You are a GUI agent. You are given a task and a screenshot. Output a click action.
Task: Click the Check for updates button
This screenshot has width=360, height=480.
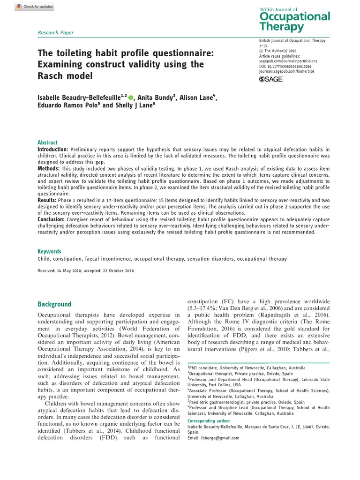click(34, 7)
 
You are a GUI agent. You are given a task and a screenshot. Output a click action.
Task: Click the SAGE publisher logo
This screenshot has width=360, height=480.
click(271, 79)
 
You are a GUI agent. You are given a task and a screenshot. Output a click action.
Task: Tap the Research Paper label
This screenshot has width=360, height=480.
click(56, 32)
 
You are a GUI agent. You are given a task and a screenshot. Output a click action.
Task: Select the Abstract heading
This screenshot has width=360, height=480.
click(48, 142)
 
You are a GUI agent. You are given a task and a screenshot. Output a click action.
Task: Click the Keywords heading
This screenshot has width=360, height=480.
click(49, 251)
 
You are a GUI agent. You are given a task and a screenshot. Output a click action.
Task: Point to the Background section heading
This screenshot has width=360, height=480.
click(54, 304)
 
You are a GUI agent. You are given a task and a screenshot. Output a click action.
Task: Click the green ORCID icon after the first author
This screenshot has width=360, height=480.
click(131, 97)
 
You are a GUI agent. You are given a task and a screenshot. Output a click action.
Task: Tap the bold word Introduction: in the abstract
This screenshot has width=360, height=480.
click(54, 149)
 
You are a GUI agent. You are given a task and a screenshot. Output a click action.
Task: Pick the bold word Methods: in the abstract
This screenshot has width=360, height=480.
click(48, 168)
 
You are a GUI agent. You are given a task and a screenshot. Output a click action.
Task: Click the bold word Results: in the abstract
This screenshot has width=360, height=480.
click(47, 200)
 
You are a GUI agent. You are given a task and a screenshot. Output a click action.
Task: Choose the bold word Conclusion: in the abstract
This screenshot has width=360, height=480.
click(51, 219)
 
